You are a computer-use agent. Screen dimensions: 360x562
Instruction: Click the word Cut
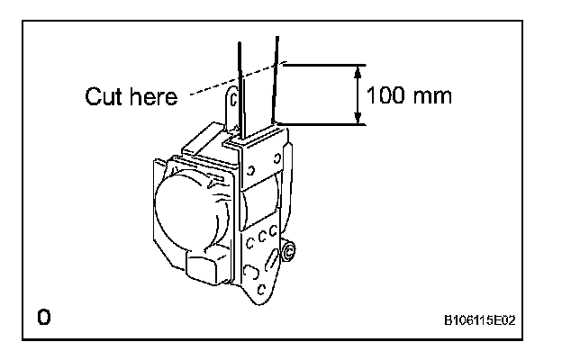104,97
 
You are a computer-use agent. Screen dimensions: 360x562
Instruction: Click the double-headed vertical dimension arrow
358,94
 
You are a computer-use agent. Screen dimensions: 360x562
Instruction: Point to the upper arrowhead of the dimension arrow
358,70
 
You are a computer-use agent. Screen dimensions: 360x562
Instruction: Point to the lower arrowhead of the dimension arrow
358,118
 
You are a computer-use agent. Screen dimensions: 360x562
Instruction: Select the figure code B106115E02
485,319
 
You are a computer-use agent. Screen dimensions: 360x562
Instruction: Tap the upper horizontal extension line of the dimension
324,64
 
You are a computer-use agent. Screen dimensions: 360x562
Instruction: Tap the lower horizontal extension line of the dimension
324,124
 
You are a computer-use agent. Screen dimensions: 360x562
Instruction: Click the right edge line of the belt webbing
276,81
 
